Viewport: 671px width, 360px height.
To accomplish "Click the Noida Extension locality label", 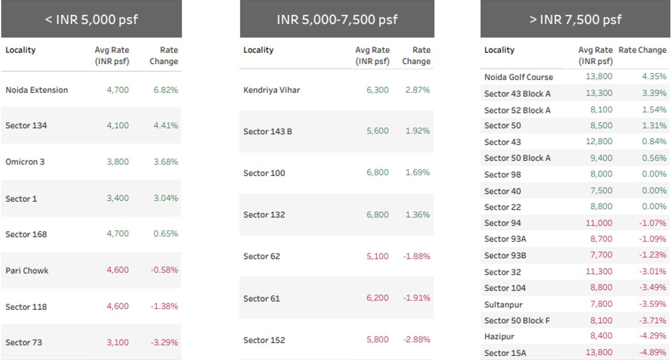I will (x=37, y=90).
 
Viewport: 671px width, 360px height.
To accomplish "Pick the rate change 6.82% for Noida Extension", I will (x=166, y=90).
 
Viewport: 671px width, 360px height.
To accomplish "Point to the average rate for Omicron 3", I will (x=118, y=162).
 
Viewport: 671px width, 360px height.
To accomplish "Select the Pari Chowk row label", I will (x=27, y=270).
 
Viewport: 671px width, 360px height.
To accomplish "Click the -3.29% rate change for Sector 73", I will (x=164, y=342).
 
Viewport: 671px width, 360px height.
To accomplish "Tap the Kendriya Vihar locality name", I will (x=272, y=90).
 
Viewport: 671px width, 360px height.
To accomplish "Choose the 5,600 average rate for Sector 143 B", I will (x=378, y=131).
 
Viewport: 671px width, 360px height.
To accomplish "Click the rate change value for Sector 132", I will (x=417, y=214).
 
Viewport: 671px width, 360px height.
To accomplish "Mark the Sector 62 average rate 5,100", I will (x=378, y=256).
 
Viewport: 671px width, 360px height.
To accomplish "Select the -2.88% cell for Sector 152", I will (x=416, y=340).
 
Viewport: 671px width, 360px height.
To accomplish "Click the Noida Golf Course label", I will (x=519, y=77).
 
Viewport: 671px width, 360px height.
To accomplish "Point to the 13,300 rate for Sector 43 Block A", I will (x=599, y=93).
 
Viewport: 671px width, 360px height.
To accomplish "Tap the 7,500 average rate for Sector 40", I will (x=601, y=191).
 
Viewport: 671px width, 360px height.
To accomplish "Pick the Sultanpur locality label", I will (x=504, y=304).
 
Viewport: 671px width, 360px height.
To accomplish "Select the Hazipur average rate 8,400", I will (x=601, y=336).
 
